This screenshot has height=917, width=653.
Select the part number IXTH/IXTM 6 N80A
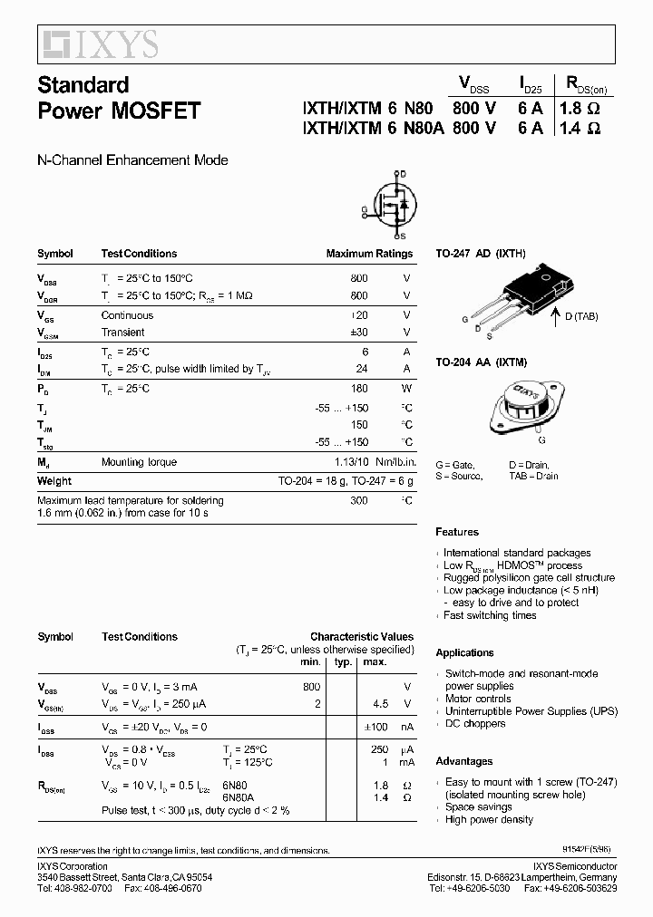tap(373, 128)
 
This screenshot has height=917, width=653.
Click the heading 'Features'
tap(457, 532)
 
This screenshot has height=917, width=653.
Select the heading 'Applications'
tap(464, 652)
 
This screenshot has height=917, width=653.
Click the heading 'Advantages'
tap(463, 761)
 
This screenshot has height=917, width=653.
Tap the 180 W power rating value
tap(359, 388)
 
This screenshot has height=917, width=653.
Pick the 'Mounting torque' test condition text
tap(139, 462)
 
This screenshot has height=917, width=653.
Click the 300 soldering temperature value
tap(359, 500)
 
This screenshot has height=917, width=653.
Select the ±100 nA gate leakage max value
tap(375, 727)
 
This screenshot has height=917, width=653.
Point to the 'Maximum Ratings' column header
tap(369, 254)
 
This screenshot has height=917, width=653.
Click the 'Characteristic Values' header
tap(361, 637)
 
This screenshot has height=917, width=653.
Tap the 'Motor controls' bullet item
tap(478, 699)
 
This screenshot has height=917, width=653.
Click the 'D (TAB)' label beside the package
tap(580, 315)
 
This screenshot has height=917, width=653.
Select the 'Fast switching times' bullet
tap(490, 615)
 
